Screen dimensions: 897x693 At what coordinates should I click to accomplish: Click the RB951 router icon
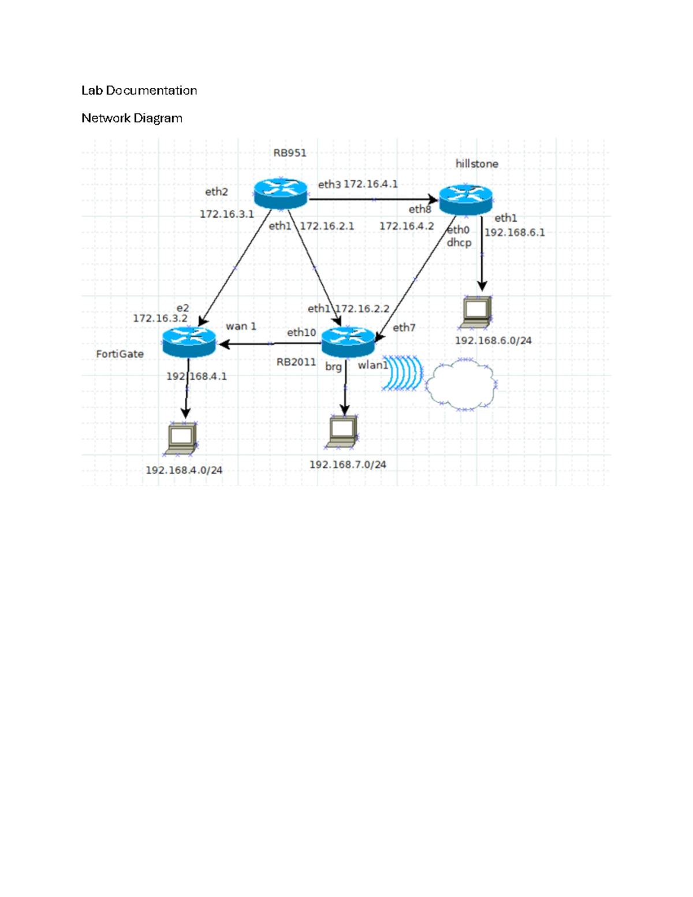click(280, 193)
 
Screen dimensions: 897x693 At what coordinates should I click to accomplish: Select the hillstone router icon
click(465, 200)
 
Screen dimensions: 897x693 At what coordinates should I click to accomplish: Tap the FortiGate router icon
click(189, 342)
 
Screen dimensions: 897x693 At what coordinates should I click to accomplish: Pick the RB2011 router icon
click(348, 342)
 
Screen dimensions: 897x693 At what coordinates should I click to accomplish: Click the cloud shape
click(461, 384)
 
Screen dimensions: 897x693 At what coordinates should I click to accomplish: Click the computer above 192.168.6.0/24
click(476, 312)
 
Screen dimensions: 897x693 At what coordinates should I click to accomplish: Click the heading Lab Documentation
click(139, 90)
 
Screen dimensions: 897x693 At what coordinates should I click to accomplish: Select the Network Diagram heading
click(132, 118)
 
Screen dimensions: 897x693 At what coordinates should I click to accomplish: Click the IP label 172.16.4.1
click(371, 184)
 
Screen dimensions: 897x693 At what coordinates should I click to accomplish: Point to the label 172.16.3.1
click(226, 214)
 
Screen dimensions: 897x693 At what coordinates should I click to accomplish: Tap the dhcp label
click(459, 243)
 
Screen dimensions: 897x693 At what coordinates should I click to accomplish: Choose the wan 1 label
click(241, 326)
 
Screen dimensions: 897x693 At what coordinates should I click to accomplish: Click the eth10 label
click(301, 332)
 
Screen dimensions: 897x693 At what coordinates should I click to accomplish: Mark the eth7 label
click(404, 327)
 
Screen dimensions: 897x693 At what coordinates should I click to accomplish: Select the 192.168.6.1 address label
click(515, 232)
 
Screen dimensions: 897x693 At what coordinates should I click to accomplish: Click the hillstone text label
click(476, 163)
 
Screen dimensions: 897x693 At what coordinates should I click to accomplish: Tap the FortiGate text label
click(120, 353)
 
